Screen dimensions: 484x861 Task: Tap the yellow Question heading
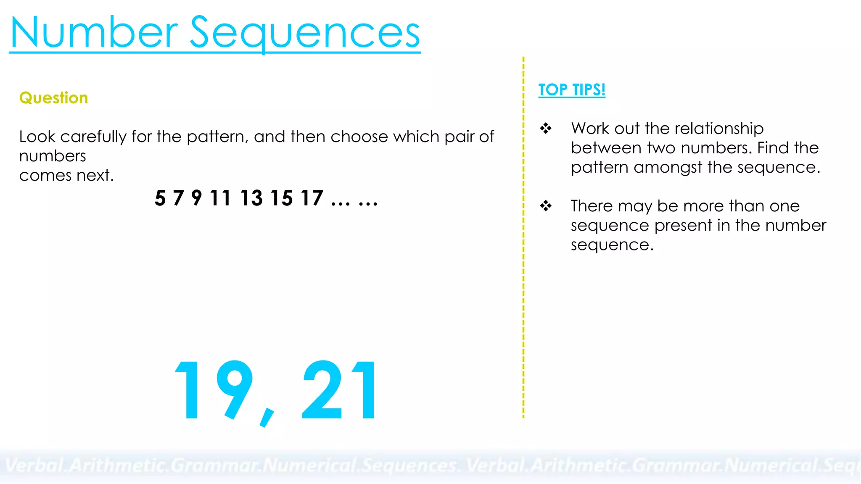(x=54, y=98)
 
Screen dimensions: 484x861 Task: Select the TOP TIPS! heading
(x=572, y=90)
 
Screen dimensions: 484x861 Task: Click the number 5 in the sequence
(x=160, y=198)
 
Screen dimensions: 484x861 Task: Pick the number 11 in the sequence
(x=220, y=198)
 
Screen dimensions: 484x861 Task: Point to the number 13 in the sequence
(x=251, y=198)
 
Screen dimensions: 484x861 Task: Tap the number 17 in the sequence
(x=312, y=198)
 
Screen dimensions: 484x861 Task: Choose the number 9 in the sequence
(x=196, y=198)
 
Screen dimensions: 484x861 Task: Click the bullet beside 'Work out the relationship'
(x=546, y=128)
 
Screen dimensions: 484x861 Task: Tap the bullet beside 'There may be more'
(x=546, y=206)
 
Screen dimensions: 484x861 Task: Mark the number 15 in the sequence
(x=282, y=198)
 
